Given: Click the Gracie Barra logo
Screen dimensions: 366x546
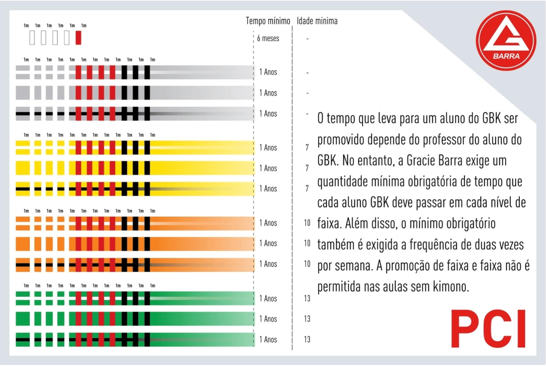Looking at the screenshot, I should (506, 40).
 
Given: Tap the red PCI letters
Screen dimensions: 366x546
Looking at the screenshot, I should (488, 329).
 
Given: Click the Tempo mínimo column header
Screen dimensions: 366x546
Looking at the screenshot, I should (268, 21).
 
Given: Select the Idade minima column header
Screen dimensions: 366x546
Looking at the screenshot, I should (317, 21).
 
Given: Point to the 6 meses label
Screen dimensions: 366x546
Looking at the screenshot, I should (268, 39).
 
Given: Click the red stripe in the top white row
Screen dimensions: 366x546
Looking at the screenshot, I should (78, 38).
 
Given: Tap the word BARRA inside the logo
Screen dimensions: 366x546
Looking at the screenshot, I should (506, 56).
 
